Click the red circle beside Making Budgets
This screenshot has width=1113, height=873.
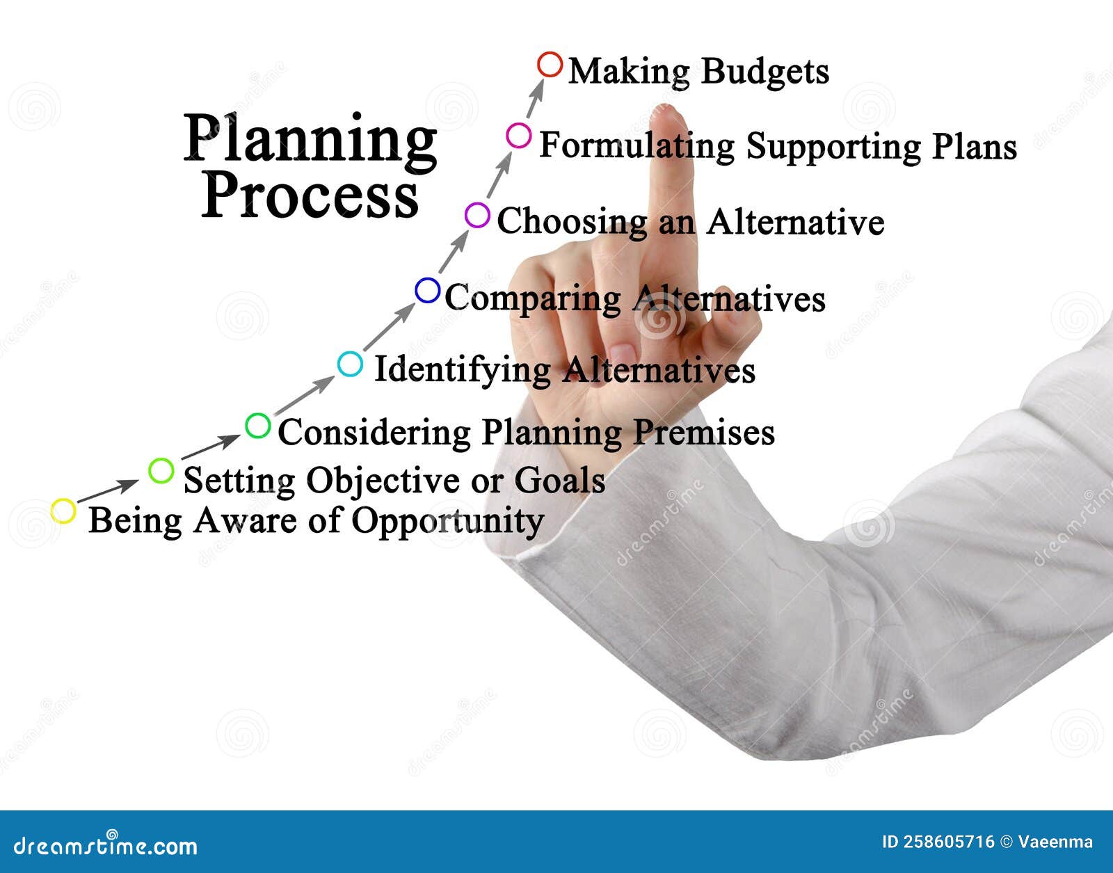click(x=550, y=65)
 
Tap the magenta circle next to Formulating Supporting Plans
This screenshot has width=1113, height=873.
click(x=518, y=136)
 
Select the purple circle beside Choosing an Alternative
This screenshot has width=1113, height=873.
click(x=477, y=216)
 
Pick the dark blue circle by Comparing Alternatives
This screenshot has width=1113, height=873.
click(x=428, y=290)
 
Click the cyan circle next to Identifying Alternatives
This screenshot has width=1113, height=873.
click(x=350, y=364)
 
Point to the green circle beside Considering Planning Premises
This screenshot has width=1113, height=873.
click(x=258, y=425)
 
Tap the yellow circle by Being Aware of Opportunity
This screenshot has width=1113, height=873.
click(x=63, y=511)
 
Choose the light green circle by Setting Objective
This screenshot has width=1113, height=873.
click(x=161, y=471)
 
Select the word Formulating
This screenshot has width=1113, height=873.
click(x=636, y=147)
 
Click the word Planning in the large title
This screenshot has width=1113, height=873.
click(x=310, y=139)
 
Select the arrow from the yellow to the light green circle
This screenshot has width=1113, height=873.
click(x=108, y=490)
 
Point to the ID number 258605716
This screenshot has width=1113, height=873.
click(x=949, y=842)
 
